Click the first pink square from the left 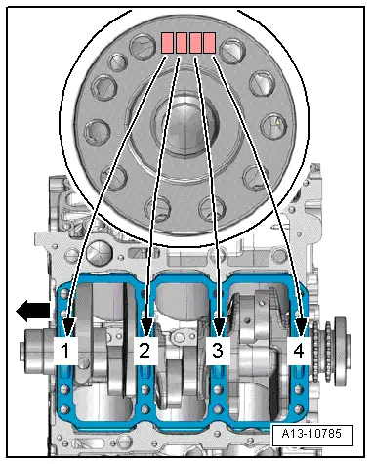(x=168, y=42)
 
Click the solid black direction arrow (x=32, y=312)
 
